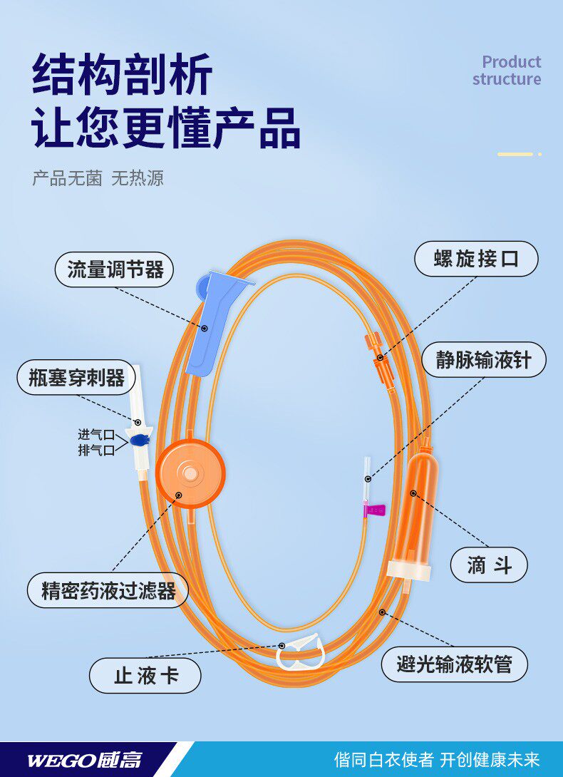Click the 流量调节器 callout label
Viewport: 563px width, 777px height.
(x=115, y=269)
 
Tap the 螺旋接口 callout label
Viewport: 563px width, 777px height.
(x=476, y=258)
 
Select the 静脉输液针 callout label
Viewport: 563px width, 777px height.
(x=484, y=359)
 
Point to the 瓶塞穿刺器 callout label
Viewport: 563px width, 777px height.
(x=76, y=377)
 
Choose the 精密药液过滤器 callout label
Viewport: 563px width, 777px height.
(x=108, y=590)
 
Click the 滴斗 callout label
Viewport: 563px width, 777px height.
(x=489, y=566)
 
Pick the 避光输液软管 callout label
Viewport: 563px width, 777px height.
(x=454, y=664)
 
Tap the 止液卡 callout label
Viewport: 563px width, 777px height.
(x=145, y=675)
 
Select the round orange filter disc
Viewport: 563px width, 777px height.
(x=190, y=473)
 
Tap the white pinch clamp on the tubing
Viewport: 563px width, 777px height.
(x=301, y=652)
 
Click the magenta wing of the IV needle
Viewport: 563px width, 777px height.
(x=376, y=509)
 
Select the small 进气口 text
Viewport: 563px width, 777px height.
(x=96, y=434)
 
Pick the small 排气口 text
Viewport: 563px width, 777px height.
(x=96, y=450)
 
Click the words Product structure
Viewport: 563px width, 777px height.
(x=507, y=71)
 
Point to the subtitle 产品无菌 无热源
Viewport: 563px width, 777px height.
(x=98, y=178)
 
